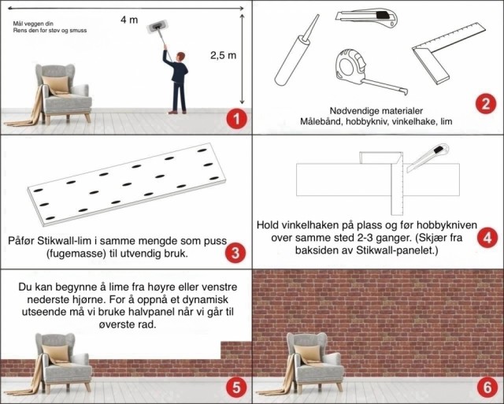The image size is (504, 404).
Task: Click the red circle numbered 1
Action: point(236,119)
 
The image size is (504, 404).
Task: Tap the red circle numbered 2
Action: point(486,103)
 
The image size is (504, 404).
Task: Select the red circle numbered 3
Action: point(235,253)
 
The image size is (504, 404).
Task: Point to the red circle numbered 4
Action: point(487,238)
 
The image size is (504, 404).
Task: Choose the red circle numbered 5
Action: point(236,387)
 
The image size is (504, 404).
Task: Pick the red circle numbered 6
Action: point(487,387)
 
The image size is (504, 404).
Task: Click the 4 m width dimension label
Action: point(129,20)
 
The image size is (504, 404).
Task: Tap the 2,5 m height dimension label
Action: point(223,55)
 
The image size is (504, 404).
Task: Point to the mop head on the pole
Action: point(157,26)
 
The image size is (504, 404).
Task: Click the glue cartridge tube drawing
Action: point(296,50)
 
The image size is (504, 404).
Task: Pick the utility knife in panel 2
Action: point(366,18)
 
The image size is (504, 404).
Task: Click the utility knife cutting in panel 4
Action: point(428,158)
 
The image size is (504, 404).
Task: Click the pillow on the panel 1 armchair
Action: point(56,84)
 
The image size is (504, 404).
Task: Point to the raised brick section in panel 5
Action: point(236,350)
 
